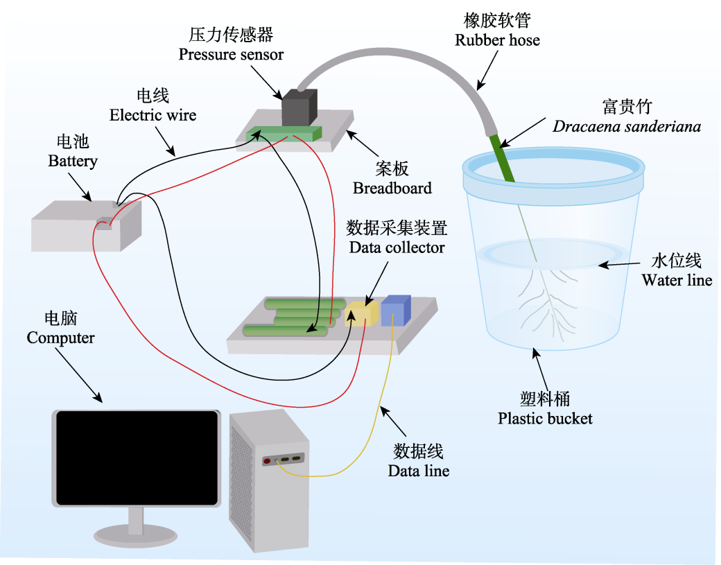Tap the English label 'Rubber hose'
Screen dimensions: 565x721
click(497, 40)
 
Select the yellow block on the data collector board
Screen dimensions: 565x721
click(361, 313)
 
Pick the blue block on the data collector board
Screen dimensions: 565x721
click(395, 310)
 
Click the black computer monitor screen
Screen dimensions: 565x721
click(137, 457)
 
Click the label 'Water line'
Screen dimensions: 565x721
click(676, 280)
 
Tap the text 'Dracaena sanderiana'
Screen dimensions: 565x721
click(626, 126)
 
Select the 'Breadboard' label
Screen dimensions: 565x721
click(392, 188)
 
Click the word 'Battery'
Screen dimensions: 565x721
click(73, 162)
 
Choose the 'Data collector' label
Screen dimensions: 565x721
click(397, 247)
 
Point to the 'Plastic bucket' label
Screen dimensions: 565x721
click(545, 418)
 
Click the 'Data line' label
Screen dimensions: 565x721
click(418, 471)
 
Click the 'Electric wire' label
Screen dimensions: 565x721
click(153, 114)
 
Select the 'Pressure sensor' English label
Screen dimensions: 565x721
click(231, 54)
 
